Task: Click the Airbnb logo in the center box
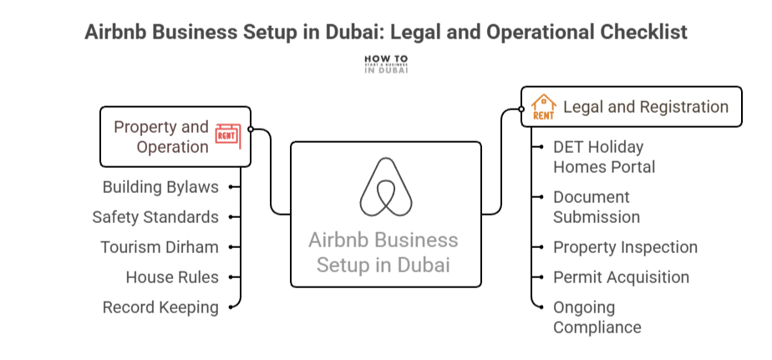(x=386, y=186)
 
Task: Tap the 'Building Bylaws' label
(x=160, y=187)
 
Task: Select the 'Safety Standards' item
(x=155, y=217)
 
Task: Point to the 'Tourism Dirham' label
(x=160, y=247)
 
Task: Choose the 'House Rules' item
(x=172, y=277)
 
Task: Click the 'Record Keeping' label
(x=160, y=307)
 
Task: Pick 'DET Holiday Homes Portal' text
(x=603, y=157)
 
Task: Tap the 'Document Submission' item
(x=596, y=207)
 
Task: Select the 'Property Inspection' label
(x=625, y=247)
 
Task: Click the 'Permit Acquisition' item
(x=621, y=277)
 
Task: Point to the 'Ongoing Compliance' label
(x=597, y=317)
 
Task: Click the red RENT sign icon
(x=227, y=134)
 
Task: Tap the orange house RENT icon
(x=543, y=107)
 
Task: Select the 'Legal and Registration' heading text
(x=646, y=107)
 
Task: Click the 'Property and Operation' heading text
(x=161, y=137)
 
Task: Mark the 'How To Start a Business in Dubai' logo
(x=386, y=64)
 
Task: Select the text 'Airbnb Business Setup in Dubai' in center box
(x=383, y=252)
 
